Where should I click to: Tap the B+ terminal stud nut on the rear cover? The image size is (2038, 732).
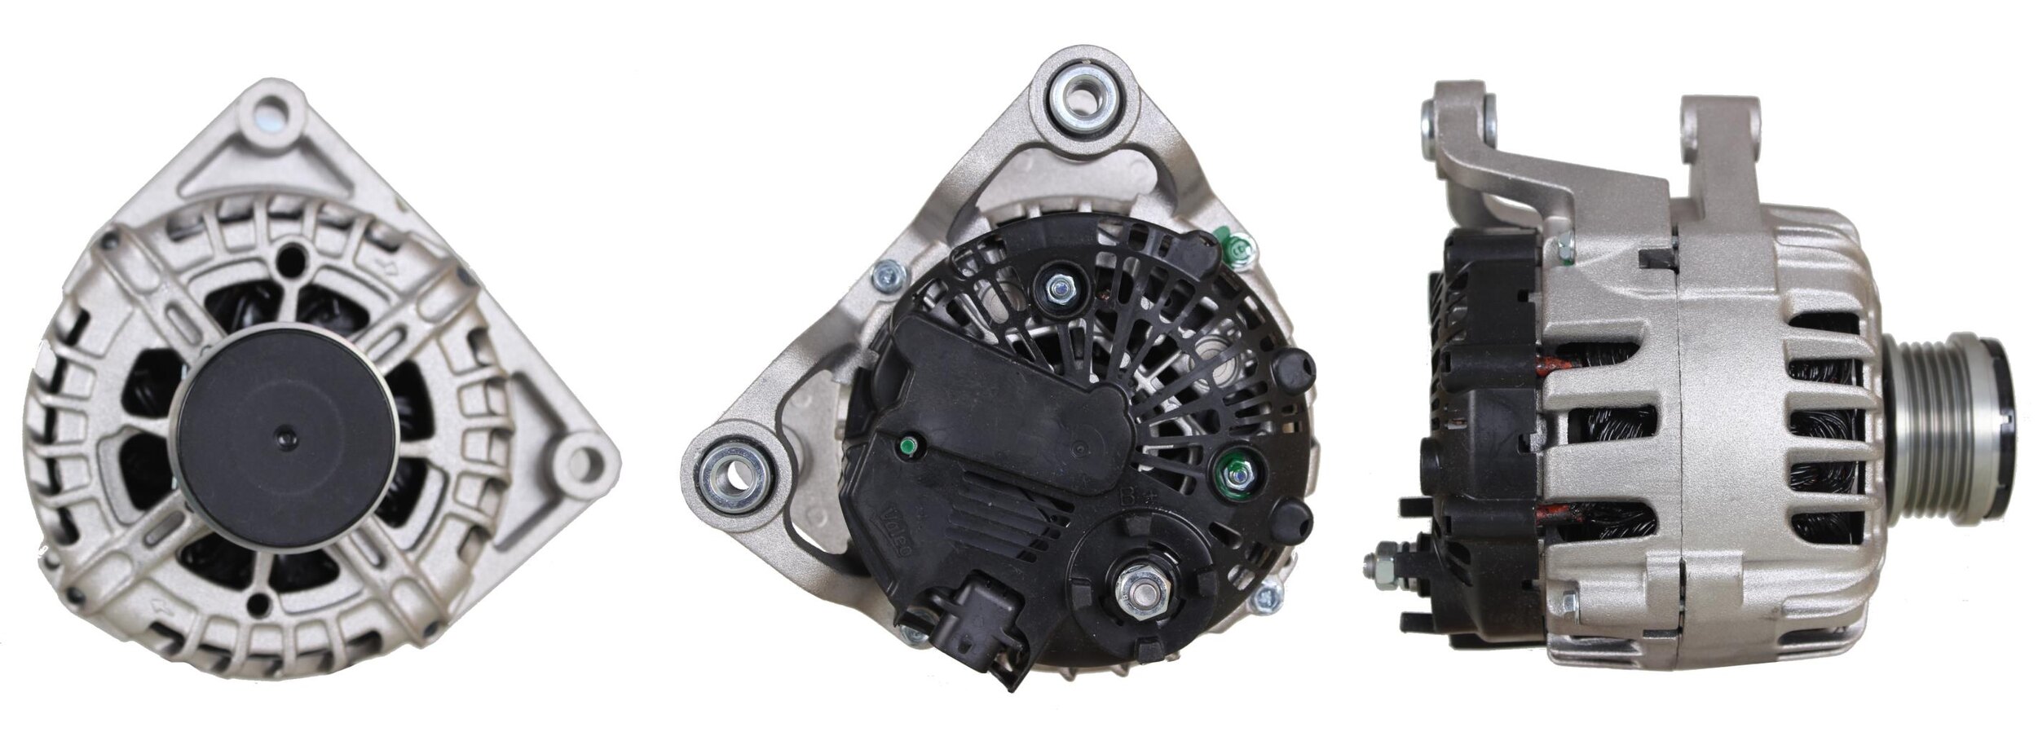[1137, 585]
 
